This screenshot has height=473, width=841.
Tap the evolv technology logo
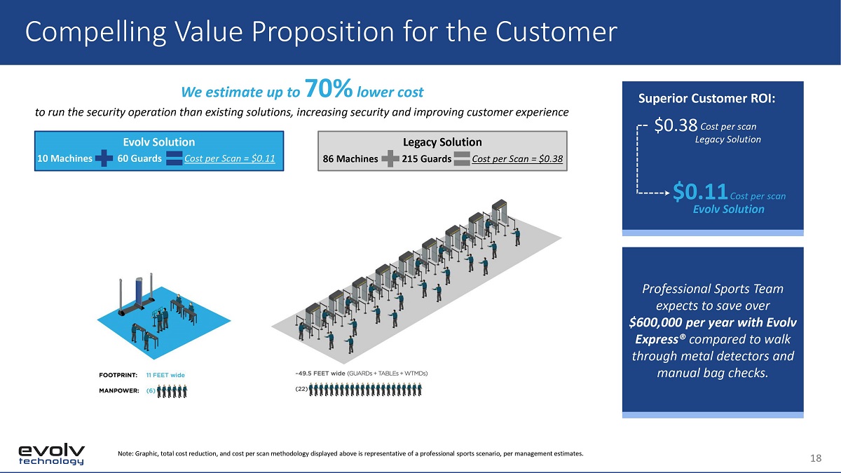51,454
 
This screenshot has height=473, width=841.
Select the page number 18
816,458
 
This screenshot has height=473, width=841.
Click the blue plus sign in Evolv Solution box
104,158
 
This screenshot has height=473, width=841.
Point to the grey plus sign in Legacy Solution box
390,158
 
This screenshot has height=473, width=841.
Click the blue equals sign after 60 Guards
174,158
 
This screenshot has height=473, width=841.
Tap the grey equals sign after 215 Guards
462,159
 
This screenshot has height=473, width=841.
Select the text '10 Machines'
64,158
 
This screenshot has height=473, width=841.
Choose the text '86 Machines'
350,159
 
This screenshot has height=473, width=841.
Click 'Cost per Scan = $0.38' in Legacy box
517,159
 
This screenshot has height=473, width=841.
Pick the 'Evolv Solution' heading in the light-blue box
159,142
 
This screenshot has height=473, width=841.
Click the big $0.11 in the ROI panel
700,191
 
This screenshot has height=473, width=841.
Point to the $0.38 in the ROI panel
676,125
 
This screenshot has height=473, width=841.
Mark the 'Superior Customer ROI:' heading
706,98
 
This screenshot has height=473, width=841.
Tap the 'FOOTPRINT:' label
118,375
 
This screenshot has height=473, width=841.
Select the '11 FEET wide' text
165,375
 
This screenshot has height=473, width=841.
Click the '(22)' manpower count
301,389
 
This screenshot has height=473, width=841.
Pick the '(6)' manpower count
151,391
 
